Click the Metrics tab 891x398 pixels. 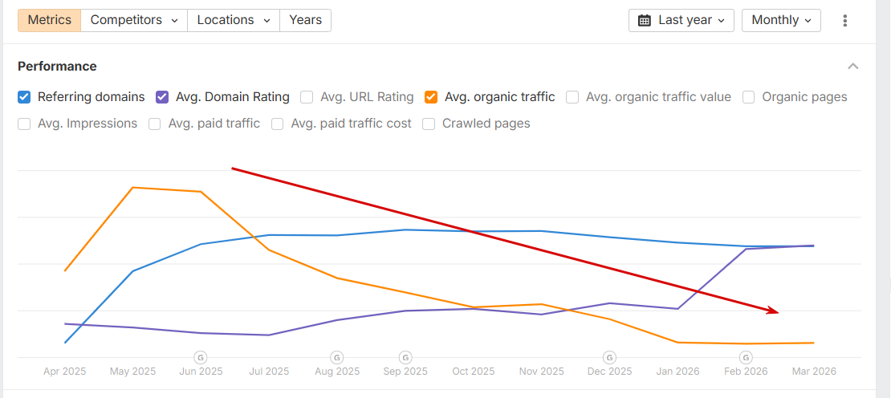49,20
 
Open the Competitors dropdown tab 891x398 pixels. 134,20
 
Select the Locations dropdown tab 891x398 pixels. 234,20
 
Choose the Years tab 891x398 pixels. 305,20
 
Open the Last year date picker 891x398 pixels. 681,20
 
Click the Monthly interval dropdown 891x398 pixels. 781,20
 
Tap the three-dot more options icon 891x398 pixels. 845,21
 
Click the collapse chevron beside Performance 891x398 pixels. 853,66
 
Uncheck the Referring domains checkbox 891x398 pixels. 24,97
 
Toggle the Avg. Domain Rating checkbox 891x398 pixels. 162,97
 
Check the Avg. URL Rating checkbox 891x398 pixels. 307,97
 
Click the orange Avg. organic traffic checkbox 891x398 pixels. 431,97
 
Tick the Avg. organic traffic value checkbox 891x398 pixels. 572,97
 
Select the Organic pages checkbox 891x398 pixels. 748,97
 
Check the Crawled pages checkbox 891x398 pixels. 429,124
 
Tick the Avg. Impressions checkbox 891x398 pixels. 24,124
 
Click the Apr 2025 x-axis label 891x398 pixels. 64,372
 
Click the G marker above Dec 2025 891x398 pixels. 609,357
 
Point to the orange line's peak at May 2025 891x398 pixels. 132,188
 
